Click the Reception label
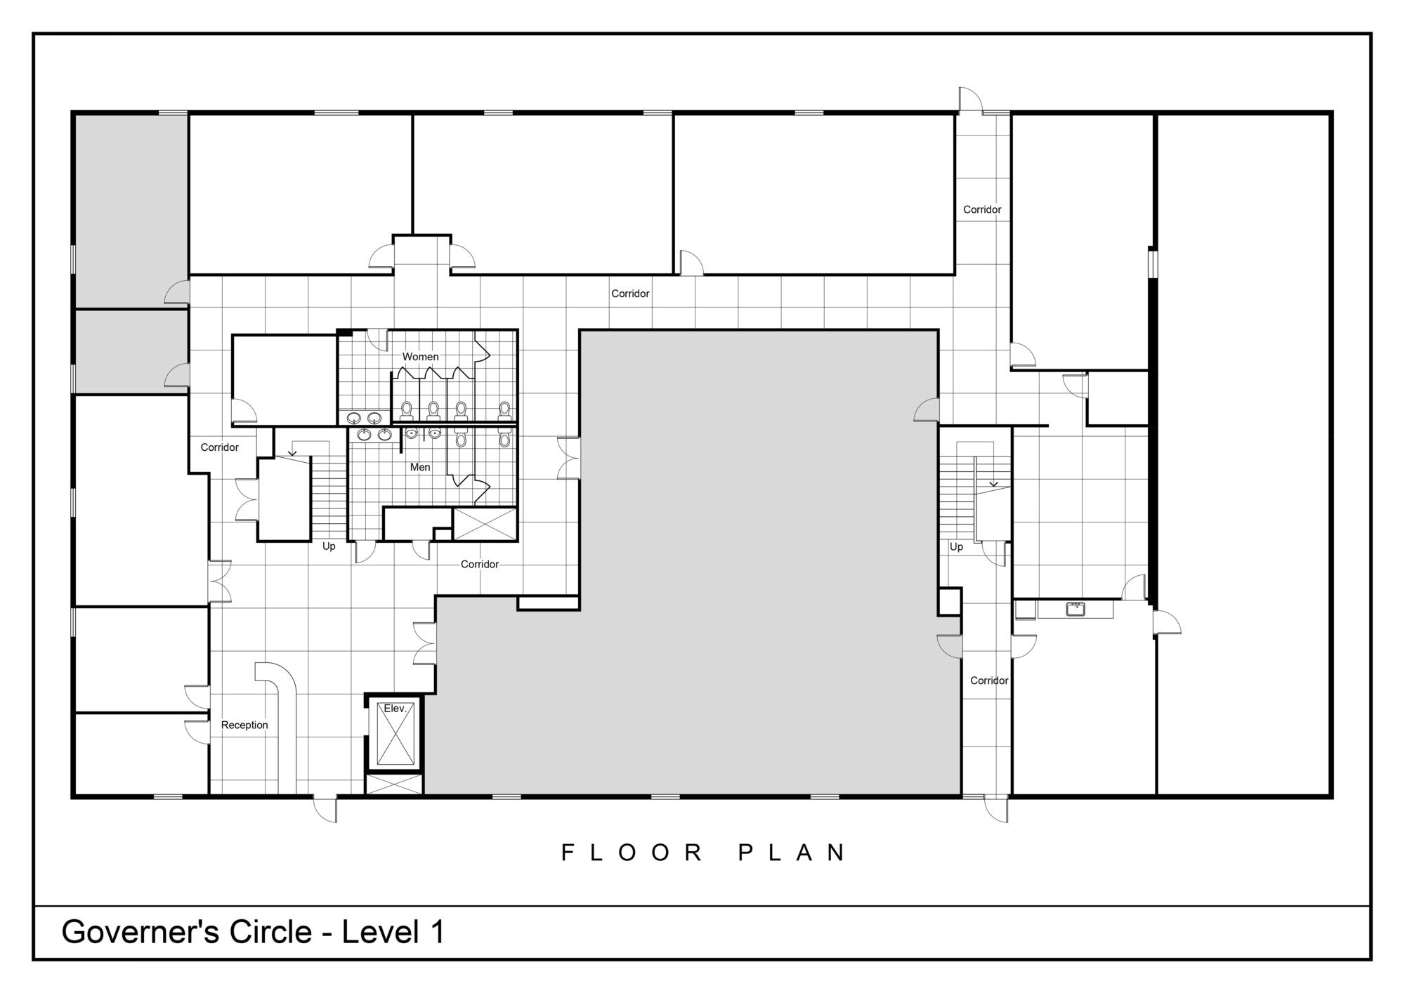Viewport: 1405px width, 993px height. click(244, 725)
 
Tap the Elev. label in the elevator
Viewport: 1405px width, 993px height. click(395, 709)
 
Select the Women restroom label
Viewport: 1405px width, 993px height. click(420, 357)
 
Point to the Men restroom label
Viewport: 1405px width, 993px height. click(420, 467)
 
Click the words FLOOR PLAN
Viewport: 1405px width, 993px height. click(703, 853)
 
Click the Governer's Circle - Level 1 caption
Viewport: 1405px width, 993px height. click(253, 932)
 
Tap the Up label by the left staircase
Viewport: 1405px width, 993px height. click(329, 546)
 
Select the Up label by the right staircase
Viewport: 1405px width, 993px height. click(956, 546)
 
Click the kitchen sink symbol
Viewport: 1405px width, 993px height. click(1076, 609)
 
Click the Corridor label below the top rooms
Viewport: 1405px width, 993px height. click(630, 294)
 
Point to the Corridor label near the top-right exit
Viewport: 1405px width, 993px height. click(982, 209)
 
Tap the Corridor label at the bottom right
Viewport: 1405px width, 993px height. click(989, 680)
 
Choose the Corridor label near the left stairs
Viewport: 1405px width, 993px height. click(220, 447)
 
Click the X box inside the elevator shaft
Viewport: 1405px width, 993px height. click(396, 733)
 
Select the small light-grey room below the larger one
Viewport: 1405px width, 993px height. click(131, 351)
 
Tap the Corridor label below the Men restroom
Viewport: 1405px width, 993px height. click(480, 564)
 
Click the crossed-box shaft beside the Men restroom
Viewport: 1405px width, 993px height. click(485, 524)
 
